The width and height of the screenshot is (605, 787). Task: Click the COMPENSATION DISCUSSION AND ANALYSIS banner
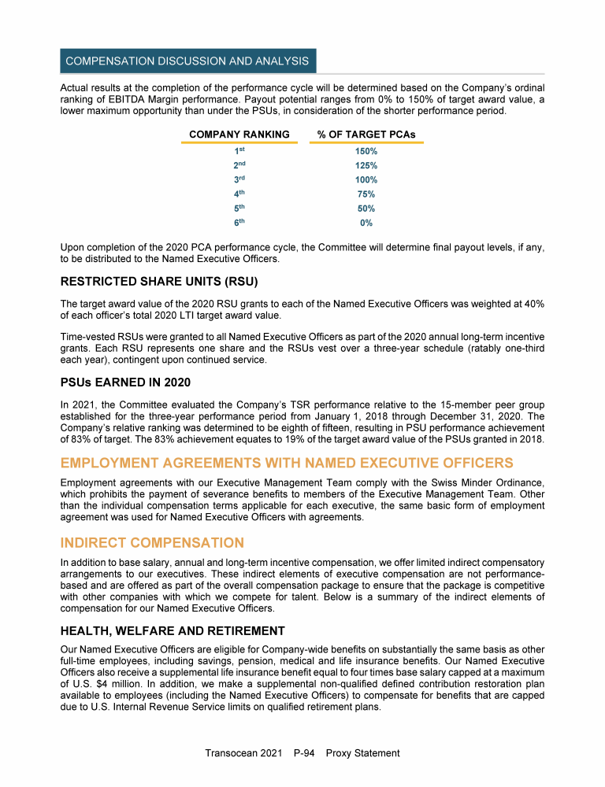187,61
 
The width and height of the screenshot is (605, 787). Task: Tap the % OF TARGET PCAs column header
366,135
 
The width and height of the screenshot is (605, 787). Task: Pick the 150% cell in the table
366,151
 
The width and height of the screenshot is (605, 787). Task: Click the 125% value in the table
366,166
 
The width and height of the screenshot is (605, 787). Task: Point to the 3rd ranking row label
239,180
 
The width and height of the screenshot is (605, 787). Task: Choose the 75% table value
366,194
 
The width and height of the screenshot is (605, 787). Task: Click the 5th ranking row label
239,209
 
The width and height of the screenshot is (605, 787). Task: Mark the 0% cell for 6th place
366,224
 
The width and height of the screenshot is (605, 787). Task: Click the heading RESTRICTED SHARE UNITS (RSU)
159,282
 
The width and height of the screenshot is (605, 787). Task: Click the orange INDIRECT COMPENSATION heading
152,543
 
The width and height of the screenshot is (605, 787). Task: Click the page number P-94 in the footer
303,753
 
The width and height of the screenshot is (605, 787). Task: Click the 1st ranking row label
239,151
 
